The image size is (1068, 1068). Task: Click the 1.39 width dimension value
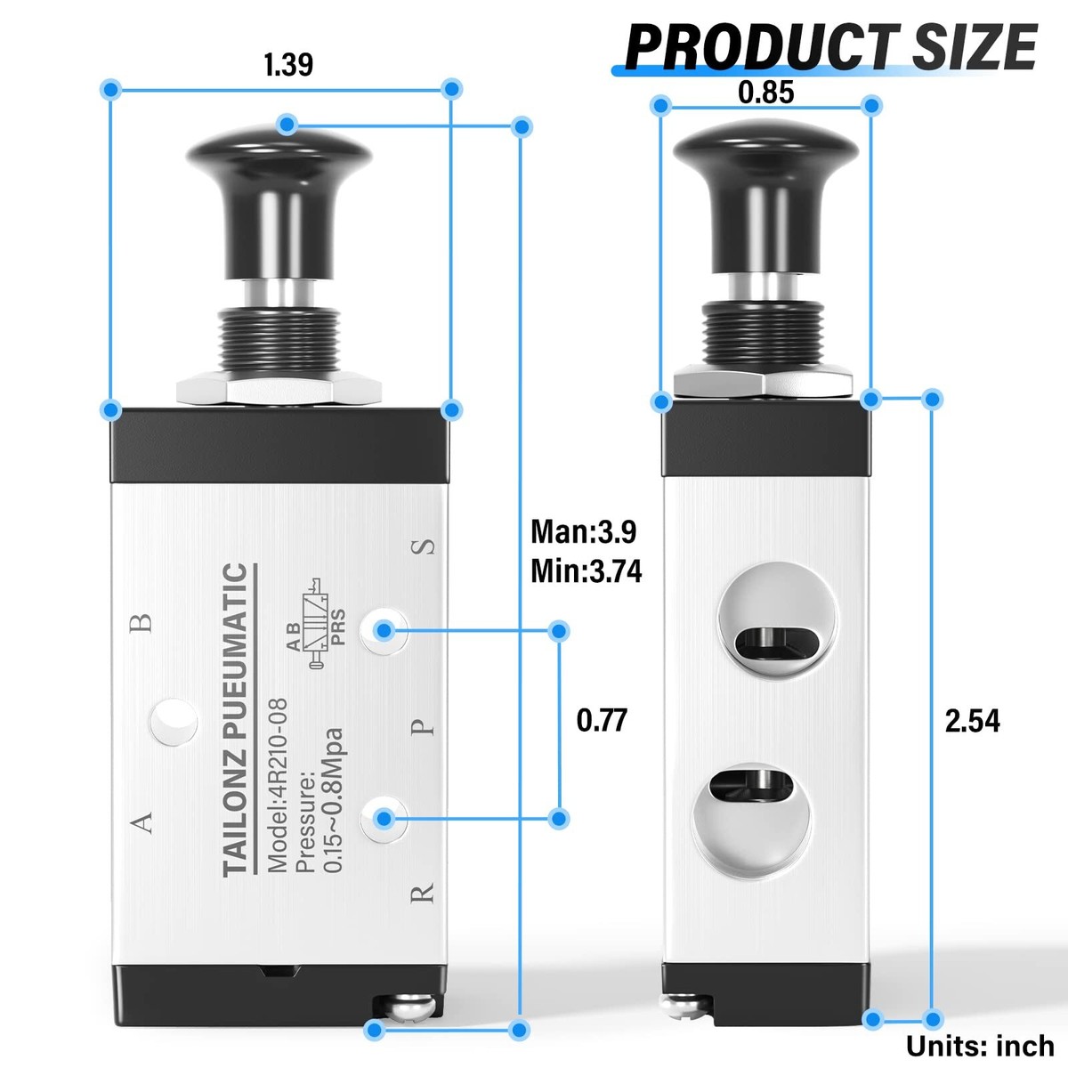[288, 64]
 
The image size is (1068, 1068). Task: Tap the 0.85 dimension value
[766, 92]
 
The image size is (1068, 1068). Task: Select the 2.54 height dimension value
[972, 721]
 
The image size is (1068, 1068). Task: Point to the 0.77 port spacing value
[602, 720]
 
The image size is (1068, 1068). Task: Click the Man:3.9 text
[584, 532]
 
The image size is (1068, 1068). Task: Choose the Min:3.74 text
[587, 570]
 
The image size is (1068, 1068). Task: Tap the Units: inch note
[980, 1047]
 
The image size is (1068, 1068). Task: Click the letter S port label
[423, 546]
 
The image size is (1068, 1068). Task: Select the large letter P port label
[423, 726]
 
